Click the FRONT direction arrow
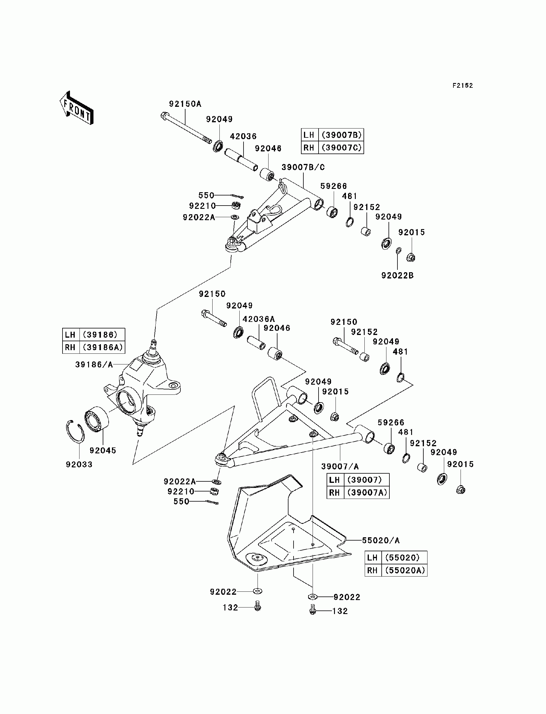tap(77, 108)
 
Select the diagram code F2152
tap(463, 86)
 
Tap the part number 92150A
tap(185, 104)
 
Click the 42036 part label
tap(244, 136)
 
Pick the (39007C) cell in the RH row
tap(341, 148)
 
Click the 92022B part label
tap(397, 275)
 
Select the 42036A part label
tap(259, 319)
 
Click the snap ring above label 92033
tap(75, 432)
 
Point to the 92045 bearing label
tap(103, 450)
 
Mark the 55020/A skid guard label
tap(381, 540)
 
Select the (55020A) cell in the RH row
tap(405, 571)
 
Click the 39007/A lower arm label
tap(340, 466)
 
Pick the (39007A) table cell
tap(367, 493)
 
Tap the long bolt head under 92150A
tap(164, 116)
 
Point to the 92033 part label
tap(79, 464)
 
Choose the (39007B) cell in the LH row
tap(341, 135)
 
